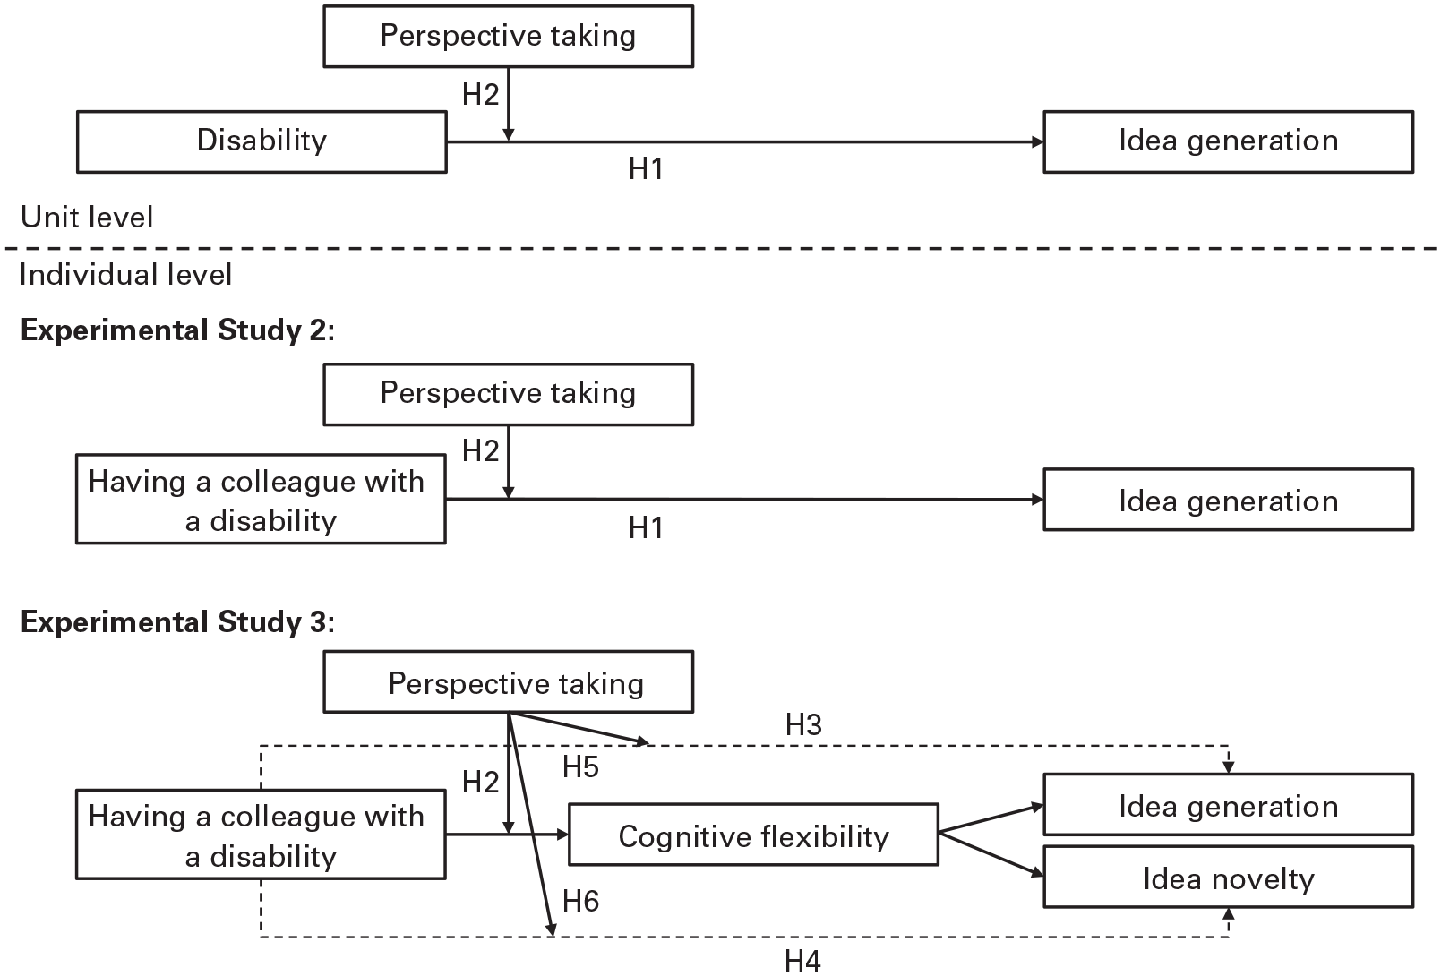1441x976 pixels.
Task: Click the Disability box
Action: coord(262,141)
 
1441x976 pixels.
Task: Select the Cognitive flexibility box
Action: coord(753,835)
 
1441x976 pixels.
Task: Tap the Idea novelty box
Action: coord(1228,877)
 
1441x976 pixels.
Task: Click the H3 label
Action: coord(803,725)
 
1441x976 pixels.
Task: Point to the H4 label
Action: coord(802,961)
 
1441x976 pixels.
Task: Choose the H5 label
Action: coord(580,766)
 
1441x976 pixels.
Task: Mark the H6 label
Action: coord(580,902)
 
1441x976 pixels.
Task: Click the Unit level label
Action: coord(87,217)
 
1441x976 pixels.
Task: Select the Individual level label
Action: coord(126,274)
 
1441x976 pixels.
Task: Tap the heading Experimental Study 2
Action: coord(177,330)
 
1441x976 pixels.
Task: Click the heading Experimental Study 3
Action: coord(177,622)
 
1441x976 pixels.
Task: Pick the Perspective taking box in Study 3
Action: coord(508,681)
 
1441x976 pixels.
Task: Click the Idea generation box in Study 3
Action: coord(1228,804)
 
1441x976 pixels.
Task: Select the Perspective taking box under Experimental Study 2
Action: coord(508,394)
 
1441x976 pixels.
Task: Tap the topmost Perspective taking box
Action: coord(508,36)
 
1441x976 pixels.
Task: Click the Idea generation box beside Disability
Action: coord(1228,141)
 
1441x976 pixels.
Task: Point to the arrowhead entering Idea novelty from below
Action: coord(1229,913)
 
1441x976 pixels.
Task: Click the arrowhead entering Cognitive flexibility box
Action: coord(563,835)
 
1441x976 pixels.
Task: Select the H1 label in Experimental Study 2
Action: coord(646,527)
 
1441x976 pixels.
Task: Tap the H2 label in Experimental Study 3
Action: coord(481,783)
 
